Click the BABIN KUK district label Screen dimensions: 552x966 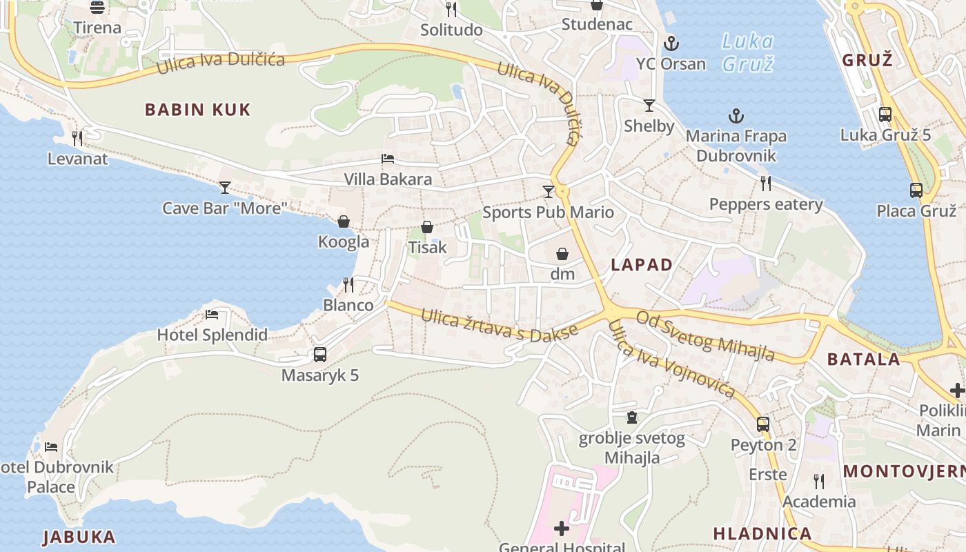click(x=197, y=110)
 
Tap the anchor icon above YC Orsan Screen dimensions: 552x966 click(x=671, y=44)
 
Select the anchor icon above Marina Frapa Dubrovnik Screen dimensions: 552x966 click(x=736, y=116)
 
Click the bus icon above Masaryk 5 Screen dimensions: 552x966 click(x=320, y=355)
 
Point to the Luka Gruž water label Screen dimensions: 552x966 click(x=747, y=52)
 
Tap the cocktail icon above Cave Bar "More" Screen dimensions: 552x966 click(x=225, y=187)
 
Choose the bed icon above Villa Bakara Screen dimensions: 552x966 click(x=388, y=159)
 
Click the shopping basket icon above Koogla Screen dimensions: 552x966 click(x=344, y=221)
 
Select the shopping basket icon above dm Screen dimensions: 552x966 click(x=562, y=254)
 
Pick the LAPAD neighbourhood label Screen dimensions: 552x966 click(x=642, y=265)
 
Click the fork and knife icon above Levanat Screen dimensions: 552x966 click(x=77, y=139)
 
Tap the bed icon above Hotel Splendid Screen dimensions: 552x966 click(x=212, y=315)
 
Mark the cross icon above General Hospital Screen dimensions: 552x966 click(x=562, y=529)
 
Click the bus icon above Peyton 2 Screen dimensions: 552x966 click(x=763, y=424)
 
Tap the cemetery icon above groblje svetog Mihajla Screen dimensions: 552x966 click(x=631, y=417)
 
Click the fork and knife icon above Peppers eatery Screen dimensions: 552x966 click(x=766, y=184)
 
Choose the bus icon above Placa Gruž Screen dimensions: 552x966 click(x=916, y=190)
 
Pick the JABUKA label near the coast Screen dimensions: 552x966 click(x=79, y=537)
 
